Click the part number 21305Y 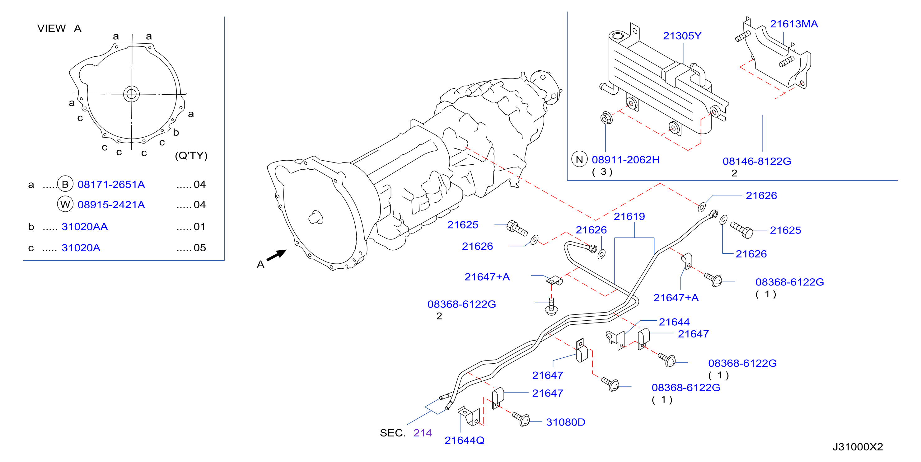coord(682,36)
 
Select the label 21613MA coord(794,24)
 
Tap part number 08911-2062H coord(625,160)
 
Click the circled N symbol coord(579,160)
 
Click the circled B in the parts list coord(65,184)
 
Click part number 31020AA coord(84,227)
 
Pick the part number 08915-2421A coord(111,205)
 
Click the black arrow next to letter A coord(276,256)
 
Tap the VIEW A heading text coord(59,28)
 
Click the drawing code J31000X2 coord(858,447)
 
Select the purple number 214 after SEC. coord(423,433)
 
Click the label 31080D coord(566,422)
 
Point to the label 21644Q coord(465,441)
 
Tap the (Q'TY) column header coord(191,156)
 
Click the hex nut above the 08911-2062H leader coord(606,118)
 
